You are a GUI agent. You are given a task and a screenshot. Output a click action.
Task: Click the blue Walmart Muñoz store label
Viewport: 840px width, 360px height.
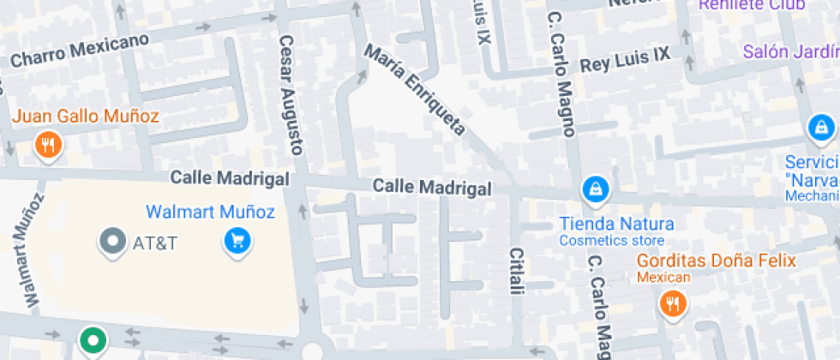click(210, 211)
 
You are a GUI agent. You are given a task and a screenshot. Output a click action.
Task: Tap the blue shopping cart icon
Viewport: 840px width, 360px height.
click(237, 241)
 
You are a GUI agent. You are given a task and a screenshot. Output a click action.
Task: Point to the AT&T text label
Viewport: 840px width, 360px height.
click(155, 243)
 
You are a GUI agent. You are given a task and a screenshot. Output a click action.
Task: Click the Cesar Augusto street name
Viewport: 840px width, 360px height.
click(291, 94)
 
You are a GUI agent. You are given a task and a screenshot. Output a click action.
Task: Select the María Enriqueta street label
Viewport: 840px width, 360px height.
click(416, 91)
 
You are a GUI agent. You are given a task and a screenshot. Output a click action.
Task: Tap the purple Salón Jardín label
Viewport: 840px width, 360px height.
click(789, 51)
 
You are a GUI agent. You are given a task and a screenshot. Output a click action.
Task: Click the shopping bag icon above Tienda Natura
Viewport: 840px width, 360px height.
click(594, 189)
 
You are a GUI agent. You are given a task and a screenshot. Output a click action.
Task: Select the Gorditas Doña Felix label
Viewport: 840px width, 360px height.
click(716, 261)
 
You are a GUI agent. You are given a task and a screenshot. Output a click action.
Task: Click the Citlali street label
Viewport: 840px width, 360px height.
click(516, 271)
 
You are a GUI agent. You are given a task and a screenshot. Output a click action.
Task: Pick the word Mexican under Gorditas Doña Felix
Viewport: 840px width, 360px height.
click(663, 277)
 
